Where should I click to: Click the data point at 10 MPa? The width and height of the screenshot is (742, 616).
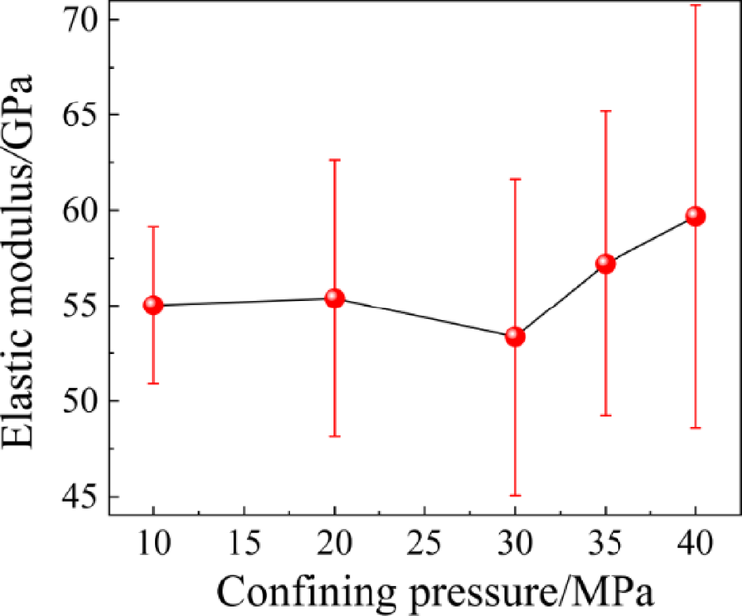153,305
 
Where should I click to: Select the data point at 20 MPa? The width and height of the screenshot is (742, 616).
335,298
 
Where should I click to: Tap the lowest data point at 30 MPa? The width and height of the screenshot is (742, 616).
515,336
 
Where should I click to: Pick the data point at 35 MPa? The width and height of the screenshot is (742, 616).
605,264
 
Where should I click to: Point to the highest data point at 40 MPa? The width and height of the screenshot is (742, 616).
695,216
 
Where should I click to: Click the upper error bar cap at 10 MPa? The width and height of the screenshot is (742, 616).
153,227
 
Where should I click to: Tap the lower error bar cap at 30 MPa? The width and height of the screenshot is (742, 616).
515,495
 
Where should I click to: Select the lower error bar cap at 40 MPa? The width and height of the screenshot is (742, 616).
695,428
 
